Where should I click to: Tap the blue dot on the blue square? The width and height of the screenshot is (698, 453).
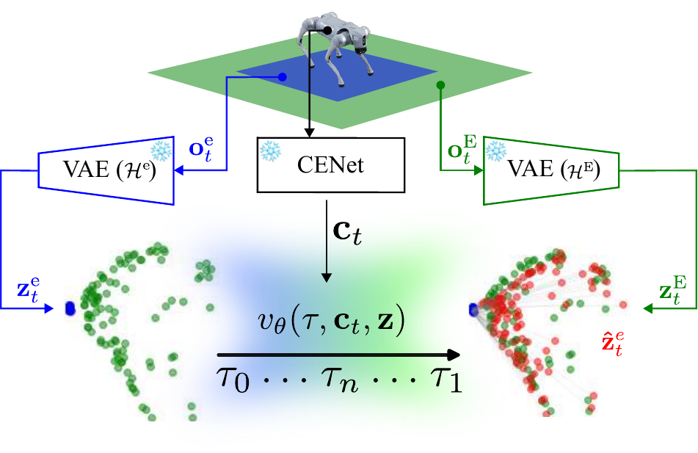tap(284, 77)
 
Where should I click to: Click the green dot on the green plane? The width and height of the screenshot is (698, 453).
tap(441, 85)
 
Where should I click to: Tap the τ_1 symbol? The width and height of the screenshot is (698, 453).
tap(445, 382)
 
